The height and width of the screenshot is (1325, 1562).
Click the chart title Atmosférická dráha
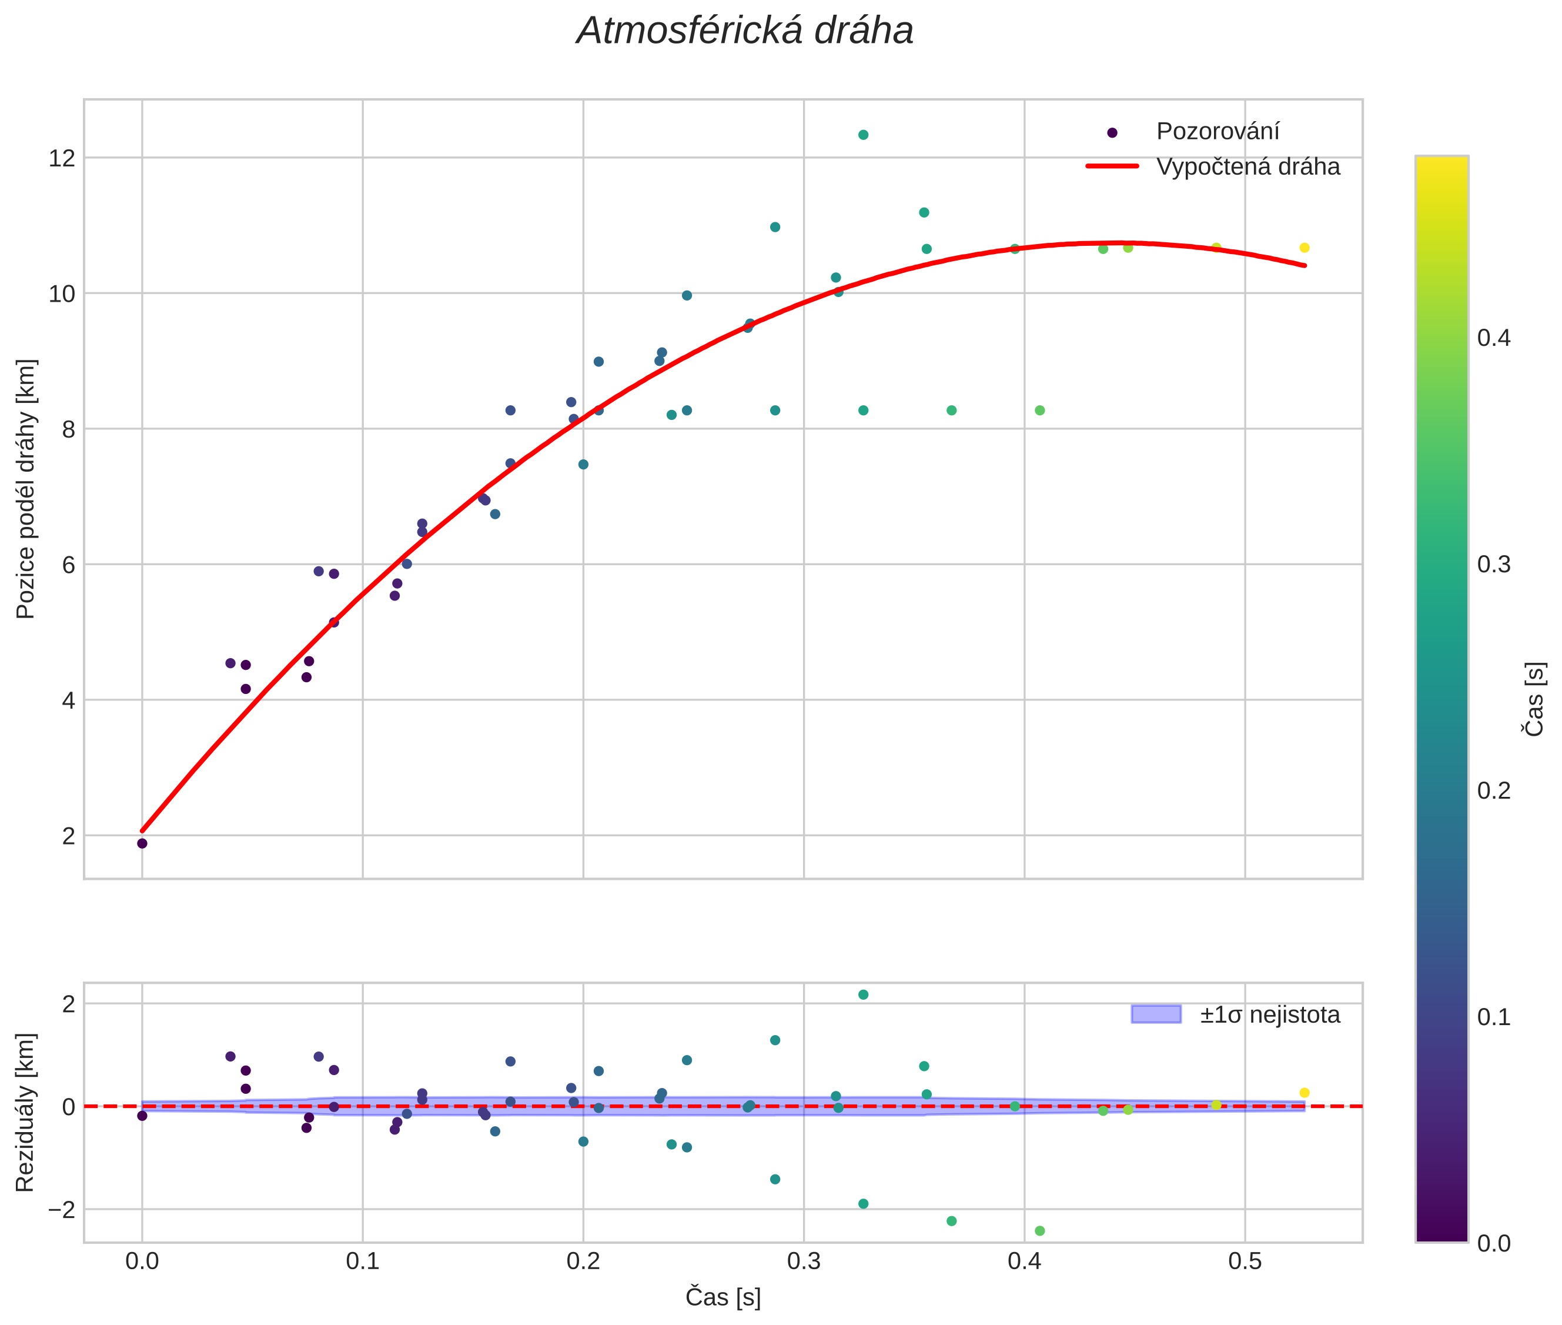(744, 32)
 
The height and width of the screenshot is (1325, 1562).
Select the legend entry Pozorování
(1216, 132)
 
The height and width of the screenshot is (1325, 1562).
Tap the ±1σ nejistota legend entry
(1269, 1015)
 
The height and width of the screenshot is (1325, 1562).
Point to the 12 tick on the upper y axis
(62, 158)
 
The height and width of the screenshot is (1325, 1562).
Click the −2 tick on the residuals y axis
(62, 1209)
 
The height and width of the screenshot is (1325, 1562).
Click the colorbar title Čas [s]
(1535, 699)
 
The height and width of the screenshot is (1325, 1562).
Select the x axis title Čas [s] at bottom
(723, 1297)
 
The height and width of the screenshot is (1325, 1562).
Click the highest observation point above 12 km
(863, 135)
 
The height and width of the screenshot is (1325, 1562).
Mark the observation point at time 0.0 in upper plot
(142, 843)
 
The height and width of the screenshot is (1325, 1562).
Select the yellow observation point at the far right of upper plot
(1304, 248)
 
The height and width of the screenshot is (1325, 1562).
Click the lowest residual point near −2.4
(1039, 1231)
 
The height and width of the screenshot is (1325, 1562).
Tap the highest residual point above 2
(863, 994)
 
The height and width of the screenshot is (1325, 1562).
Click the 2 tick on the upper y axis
(68, 835)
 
